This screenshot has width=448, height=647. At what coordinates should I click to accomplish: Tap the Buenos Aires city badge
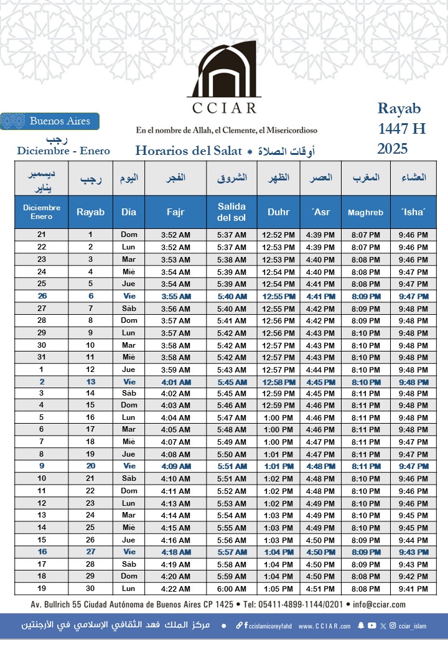[x=50, y=121]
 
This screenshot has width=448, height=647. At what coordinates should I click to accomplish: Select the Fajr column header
[x=175, y=212]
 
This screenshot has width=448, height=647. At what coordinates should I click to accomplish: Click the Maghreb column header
[x=365, y=212]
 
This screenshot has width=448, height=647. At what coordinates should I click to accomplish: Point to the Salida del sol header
[x=231, y=212]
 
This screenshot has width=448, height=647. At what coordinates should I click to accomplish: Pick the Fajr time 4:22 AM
[x=175, y=589]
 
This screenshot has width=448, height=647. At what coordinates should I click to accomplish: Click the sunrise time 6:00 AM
[x=231, y=589]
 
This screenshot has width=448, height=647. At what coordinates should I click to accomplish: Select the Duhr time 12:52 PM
[x=278, y=235]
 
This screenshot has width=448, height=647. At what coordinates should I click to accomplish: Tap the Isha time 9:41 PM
[x=413, y=589]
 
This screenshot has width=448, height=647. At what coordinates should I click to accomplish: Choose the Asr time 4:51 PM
[x=320, y=589]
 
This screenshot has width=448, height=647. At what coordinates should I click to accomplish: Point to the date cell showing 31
[x=42, y=358]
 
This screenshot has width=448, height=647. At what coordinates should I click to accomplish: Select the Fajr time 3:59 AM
[x=175, y=370]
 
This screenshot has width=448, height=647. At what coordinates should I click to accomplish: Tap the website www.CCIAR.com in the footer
[x=324, y=626]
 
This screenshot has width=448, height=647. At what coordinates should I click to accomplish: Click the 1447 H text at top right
[x=402, y=129]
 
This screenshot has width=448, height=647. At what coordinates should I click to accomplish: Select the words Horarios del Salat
[x=187, y=151]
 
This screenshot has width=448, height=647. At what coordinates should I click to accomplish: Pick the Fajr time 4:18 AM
[x=175, y=552]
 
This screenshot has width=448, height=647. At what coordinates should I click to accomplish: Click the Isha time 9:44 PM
[x=413, y=540]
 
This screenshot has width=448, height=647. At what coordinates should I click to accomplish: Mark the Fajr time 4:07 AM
[x=175, y=442]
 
